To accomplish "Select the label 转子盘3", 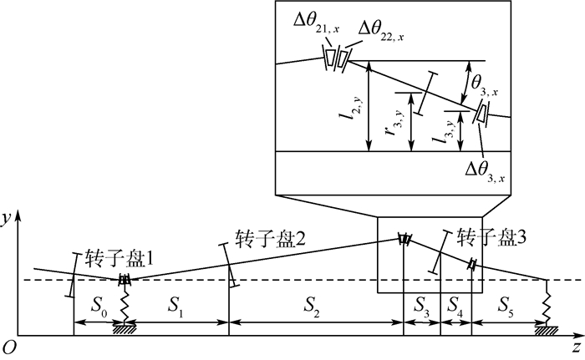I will pyautogui.click(x=491, y=236).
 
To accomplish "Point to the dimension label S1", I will pyautogui.click(x=175, y=309).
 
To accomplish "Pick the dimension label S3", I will pyautogui.click(x=421, y=309).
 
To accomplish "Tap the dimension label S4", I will pyautogui.click(x=455, y=309).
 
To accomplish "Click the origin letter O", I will pyautogui.click(x=8, y=345).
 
